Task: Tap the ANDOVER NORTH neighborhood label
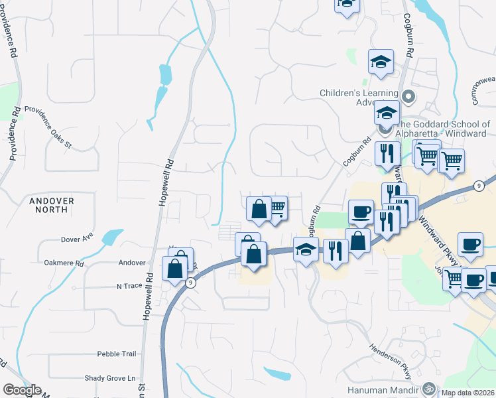[51, 204]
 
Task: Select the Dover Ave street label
[77, 238]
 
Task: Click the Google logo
[22, 390]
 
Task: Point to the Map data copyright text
[468, 393]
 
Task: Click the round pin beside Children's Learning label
[408, 97]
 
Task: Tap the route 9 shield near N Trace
[191, 283]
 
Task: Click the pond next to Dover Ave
[111, 236]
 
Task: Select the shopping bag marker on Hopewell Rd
[175, 269]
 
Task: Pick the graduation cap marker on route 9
[306, 250]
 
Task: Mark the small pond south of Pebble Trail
[277, 373]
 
